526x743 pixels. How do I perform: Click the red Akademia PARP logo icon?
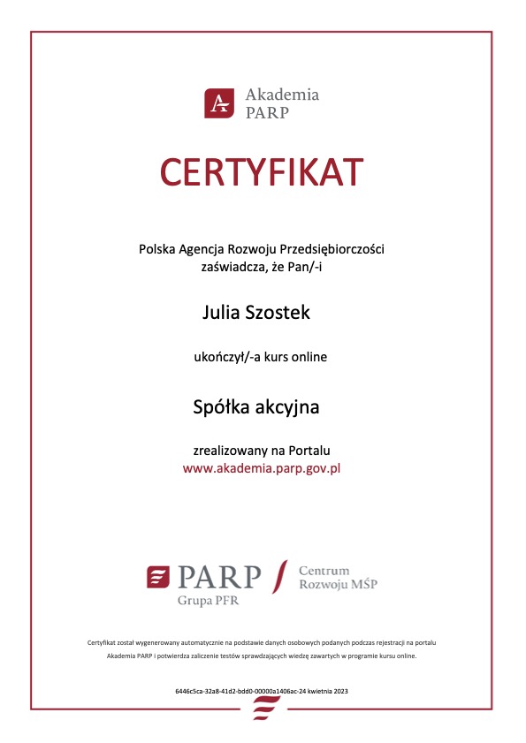tap(218, 102)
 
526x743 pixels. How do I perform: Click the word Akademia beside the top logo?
tap(282, 95)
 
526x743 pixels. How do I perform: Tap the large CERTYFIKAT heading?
tap(262, 171)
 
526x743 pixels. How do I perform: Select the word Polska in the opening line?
tap(156, 249)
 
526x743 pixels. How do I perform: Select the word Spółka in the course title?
tap(222, 407)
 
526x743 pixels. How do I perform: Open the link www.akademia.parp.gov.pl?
tap(262, 468)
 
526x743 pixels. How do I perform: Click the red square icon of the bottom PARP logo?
tap(158, 578)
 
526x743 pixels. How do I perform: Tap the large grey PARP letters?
tap(219, 578)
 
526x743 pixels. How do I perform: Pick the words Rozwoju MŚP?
tap(338, 585)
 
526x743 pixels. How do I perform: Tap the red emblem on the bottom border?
tap(263, 707)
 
